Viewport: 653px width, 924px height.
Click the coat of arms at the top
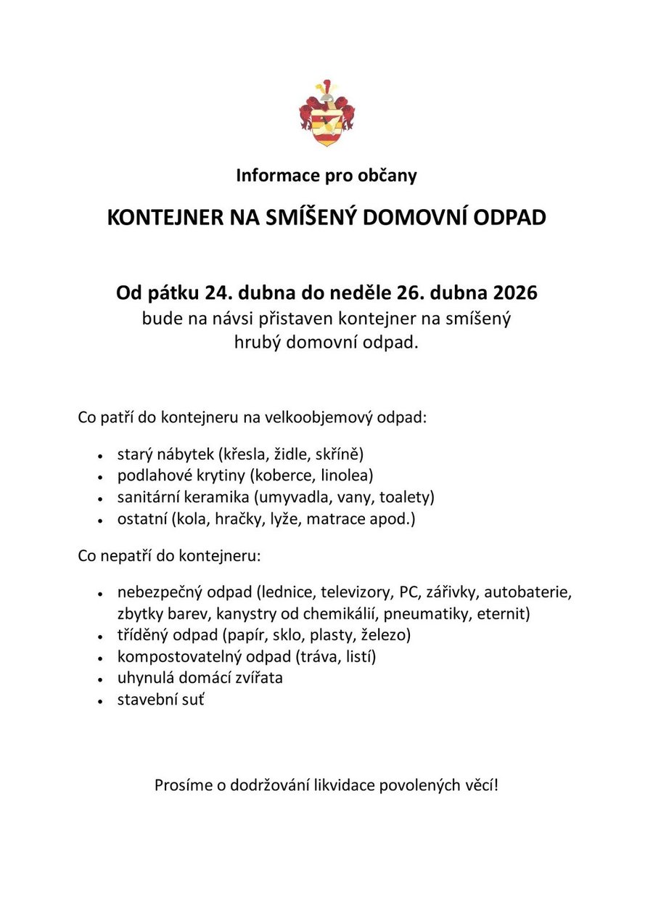[326, 114]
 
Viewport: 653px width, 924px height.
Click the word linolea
[347, 476]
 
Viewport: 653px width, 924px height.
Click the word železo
[386, 635]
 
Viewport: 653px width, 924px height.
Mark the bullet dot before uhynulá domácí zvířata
[99, 680]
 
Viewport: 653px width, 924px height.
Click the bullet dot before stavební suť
[99, 702]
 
